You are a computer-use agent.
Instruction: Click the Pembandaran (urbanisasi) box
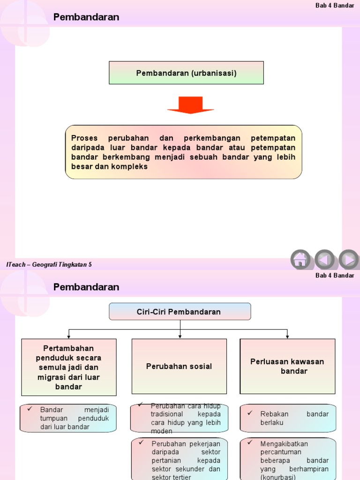pyautogui.click(x=186, y=73)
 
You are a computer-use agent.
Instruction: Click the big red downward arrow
pyautogui.click(x=190, y=105)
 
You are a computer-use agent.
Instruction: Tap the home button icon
pyautogui.click(x=300, y=259)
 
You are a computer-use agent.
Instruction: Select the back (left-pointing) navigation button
pyautogui.click(x=324, y=259)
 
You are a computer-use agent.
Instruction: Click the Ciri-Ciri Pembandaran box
pyautogui.click(x=180, y=312)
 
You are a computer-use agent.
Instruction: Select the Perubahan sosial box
pyautogui.click(x=179, y=366)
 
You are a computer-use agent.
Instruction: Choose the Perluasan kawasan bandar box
pyautogui.click(x=287, y=366)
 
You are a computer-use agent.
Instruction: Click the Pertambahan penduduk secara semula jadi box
pyautogui.click(x=68, y=367)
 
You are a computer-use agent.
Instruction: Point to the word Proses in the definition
pyautogui.click(x=84, y=138)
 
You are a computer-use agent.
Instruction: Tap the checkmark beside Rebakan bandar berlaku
pyautogui.click(x=250, y=413)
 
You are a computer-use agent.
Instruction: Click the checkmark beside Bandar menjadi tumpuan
pyautogui.click(x=30, y=409)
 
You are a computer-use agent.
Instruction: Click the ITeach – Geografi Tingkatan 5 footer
pyautogui.click(x=49, y=264)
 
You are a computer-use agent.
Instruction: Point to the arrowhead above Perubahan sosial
pyautogui.click(x=180, y=337)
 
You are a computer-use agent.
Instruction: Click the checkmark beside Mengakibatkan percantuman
pyautogui.click(x=250, y=442)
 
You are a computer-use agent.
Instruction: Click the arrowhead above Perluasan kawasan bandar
pyautogui.click(x=287, y=337)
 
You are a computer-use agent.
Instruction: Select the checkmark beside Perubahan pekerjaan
pyautogui.click(x=140, y=442)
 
